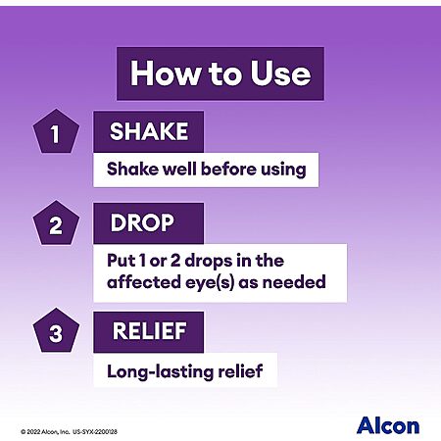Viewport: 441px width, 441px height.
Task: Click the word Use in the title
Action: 280,73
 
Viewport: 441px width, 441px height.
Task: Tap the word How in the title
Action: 167,73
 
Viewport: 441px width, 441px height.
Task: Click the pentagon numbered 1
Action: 56,131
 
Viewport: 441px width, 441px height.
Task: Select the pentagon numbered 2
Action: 56,223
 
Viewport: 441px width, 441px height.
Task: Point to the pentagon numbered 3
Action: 56,330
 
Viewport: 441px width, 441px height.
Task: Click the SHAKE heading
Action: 149,131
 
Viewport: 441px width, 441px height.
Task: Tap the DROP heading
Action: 142,223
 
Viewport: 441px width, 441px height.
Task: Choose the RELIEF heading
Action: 150,331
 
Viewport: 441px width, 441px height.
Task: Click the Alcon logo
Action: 388,426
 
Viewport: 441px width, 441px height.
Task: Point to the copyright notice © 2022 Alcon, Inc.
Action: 45,432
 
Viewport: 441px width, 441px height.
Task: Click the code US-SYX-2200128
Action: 95,432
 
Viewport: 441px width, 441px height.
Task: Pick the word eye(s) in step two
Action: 210,282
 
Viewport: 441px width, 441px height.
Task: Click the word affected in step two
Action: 144,281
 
